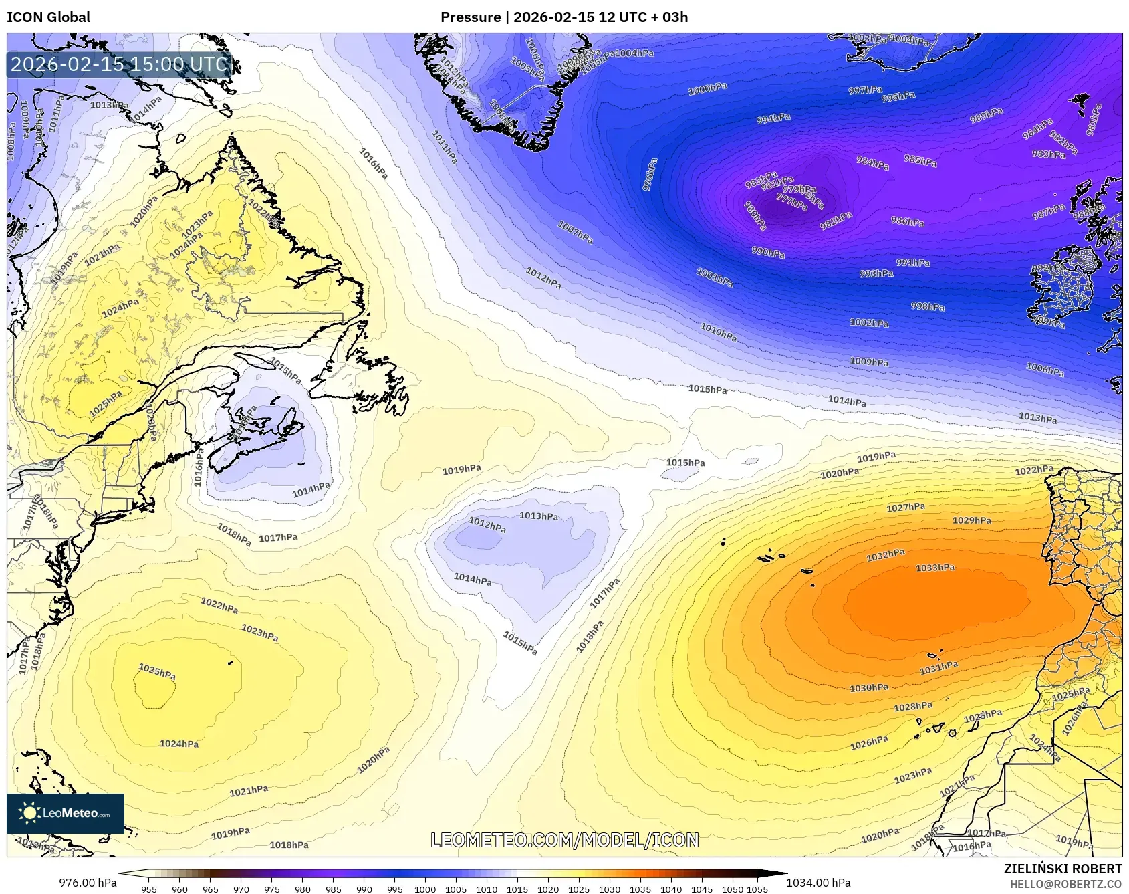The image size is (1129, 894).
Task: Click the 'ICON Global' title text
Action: tap(48, 17)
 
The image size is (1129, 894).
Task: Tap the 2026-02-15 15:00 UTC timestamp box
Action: tap(119, 64)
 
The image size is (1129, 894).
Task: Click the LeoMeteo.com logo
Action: tap(66, 813)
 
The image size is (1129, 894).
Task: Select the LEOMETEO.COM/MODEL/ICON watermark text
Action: tap(564, 840)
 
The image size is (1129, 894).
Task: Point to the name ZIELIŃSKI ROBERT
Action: tap(1062, 869)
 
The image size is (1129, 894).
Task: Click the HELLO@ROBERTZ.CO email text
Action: tap(1065, 884)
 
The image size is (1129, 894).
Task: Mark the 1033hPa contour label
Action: tap(935, 568)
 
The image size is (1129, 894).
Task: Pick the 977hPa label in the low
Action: tap(792, 201)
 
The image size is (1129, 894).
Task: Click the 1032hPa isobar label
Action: tap(885, 555)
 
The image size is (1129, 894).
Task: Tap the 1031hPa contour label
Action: tap(938, 667)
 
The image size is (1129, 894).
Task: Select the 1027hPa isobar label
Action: tap(906, 508)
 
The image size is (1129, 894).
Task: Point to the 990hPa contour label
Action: tap(768, 253)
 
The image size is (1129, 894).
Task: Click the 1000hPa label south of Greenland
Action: tap(708, 88)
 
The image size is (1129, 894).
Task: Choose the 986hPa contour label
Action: tap(907, 221)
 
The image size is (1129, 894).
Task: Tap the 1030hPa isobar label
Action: tap(869, 687)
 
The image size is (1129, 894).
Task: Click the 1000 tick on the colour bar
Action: tap(425, 889)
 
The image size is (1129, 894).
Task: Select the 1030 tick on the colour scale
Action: tap(610, 889)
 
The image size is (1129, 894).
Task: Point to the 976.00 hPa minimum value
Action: tap(88, 883)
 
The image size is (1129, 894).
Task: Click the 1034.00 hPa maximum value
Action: tap(818, 883)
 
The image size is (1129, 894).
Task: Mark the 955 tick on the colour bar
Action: tap(149, 889)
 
